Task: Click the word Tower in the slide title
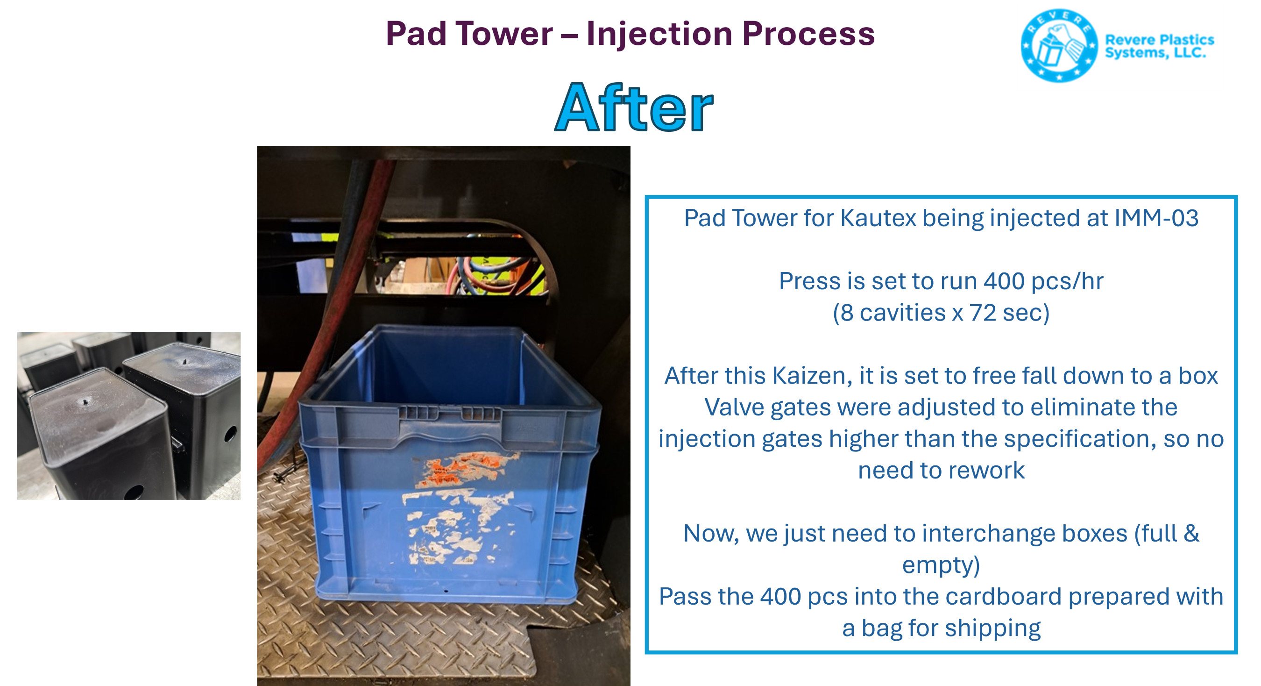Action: click(x=504, y=34)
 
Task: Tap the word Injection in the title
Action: click(x=659, y=35)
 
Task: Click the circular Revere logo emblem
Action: click(x=1059, y=45)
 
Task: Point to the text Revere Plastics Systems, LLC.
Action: click(x=1159, y=46)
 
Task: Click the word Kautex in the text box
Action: click(x=878, y=218)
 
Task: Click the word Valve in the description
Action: click(x=734, y=407)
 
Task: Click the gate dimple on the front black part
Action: click(x=85, y=402)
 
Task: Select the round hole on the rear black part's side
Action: click(x=230, y=434)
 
